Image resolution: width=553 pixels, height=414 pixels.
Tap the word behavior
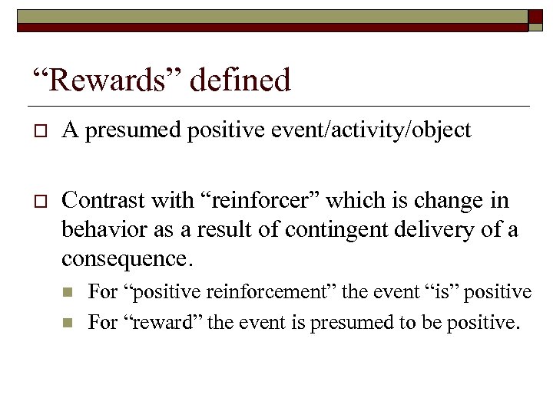click(x=100, y=228)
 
